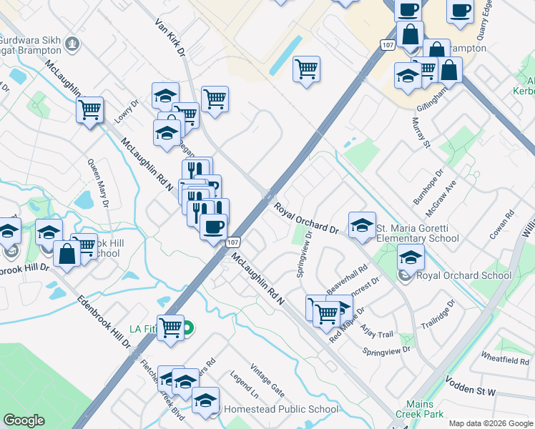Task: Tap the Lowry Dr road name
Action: pos(131,112)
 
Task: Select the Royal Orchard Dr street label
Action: pos(307,218)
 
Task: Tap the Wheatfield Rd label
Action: pos(504,359)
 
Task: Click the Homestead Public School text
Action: pos(281,410)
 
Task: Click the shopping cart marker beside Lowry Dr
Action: pos(90,111)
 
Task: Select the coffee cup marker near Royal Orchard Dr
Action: pos(213,228)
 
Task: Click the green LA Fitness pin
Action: pos(187,329)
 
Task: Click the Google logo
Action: pos(24,420)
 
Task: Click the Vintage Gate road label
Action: pos(267,380)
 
